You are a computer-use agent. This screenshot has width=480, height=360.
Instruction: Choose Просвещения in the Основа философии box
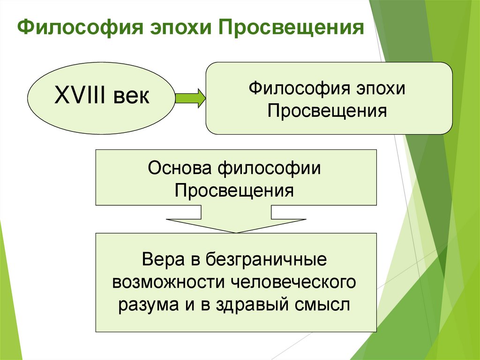click(x=235, y=191)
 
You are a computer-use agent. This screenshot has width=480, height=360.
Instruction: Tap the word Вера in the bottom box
click(x=160, y=260)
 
